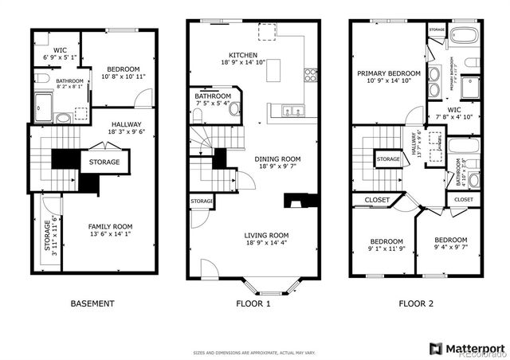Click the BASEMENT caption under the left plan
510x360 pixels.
[x=92, y=303]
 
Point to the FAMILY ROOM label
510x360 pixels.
[x=110, y=226]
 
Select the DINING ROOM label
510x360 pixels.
[x=277, y=159]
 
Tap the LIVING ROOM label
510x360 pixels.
[x=267, y=235]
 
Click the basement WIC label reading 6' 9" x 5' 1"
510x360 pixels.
[x=54, y=57]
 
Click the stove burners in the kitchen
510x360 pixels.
[x=311, y=76]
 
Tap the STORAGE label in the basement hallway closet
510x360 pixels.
[x=104, y=162]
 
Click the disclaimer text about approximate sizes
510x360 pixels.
[x=254, y=352]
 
